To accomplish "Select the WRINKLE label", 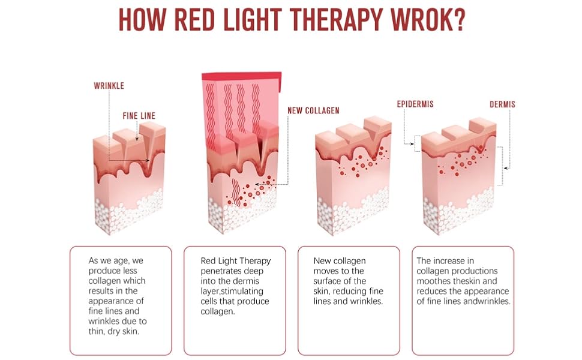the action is click(109, 86).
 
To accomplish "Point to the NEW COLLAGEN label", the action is click(313, 110).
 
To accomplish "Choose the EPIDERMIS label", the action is click(415, 104).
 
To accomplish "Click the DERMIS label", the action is click(502, 104).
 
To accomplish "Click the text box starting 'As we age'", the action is click(121, 300).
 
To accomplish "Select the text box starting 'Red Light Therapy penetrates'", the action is click(235, 300).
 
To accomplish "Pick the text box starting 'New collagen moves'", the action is click(349, 300).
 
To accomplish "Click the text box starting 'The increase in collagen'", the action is click(463, 300).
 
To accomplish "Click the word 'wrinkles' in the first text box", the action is click(105, 321).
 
